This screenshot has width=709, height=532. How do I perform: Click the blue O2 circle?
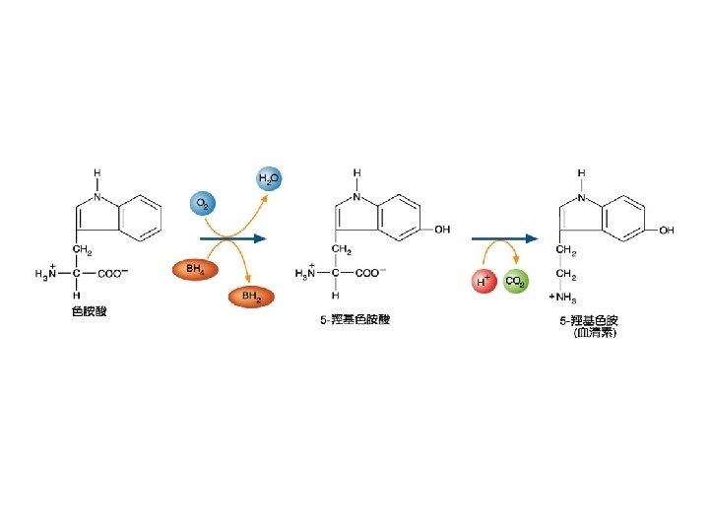pos(202,204)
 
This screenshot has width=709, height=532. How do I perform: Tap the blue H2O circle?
pos(269,178)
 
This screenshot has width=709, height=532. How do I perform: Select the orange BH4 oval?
pos(195,268)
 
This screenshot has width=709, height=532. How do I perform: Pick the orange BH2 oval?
pos(252,296)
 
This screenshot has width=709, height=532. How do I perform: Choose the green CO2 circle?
pos(514,282)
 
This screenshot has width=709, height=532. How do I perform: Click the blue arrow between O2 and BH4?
pos(233,238)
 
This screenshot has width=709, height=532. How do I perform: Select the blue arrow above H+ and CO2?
pos(505,238)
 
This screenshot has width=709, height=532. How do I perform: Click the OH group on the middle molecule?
pos(442,230)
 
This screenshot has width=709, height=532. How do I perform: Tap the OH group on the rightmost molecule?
pos(667,230)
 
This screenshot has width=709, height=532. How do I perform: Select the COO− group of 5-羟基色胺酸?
pos(370,273)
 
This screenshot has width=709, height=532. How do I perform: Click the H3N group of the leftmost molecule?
pos(46,274)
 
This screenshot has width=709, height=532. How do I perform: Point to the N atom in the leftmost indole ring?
pos(97,195)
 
